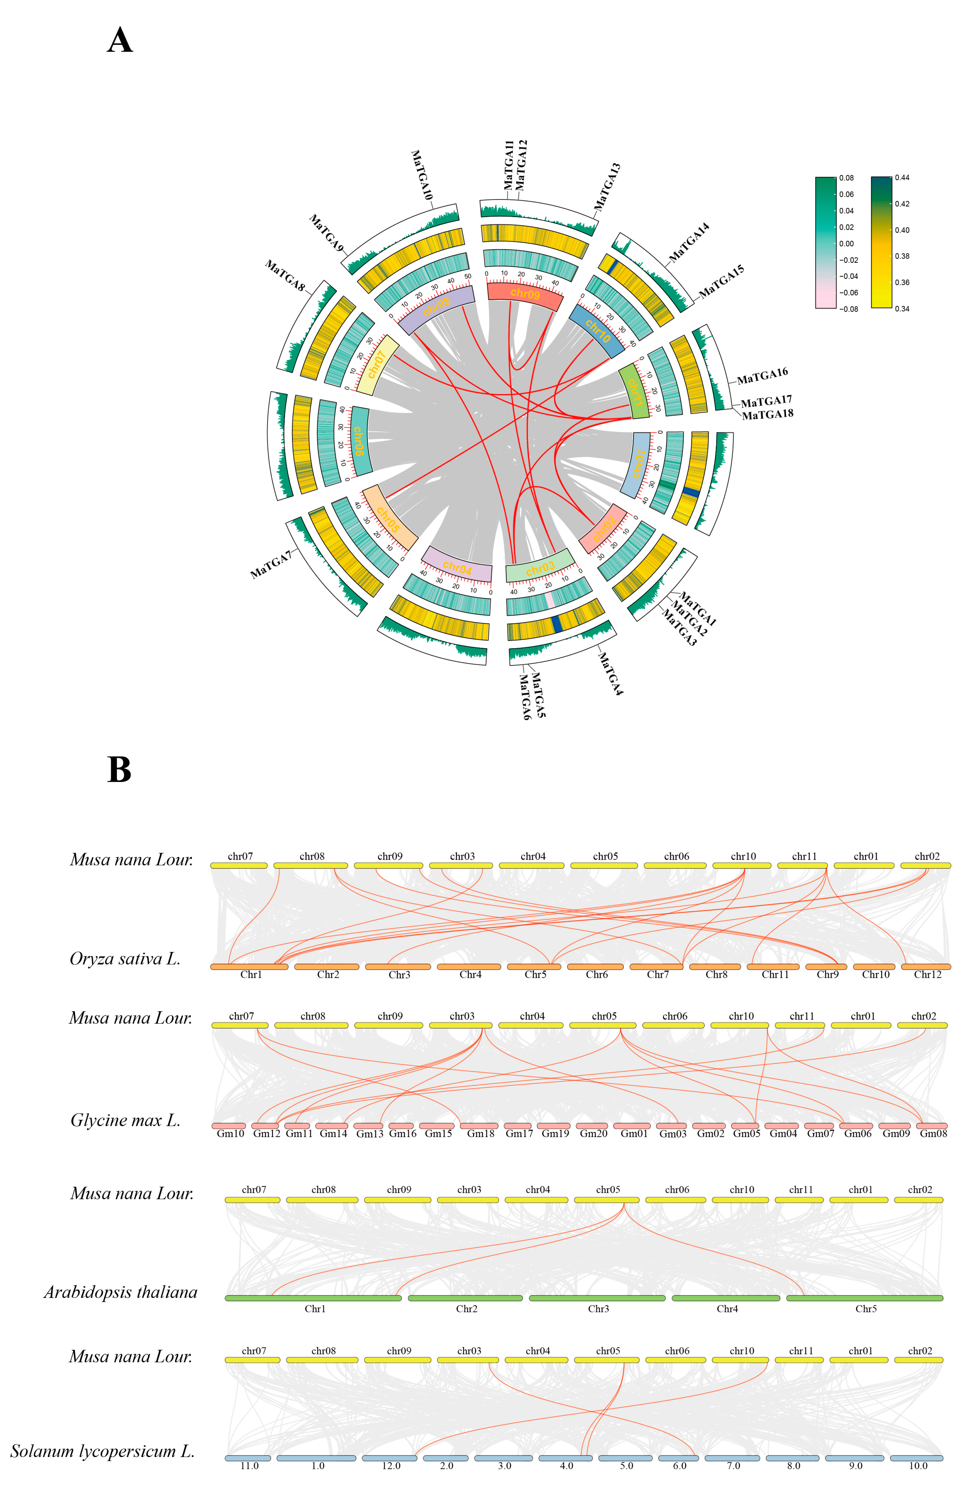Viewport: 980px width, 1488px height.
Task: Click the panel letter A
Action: (120, 41)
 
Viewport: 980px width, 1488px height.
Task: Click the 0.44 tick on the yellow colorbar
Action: (902, 177)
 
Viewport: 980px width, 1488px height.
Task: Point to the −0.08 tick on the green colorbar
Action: (848, 309)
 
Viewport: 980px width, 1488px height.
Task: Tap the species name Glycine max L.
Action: (125, 1120)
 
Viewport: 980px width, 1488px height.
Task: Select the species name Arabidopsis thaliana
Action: (121, 1292)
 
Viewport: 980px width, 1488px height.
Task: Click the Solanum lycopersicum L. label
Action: (103, 1450)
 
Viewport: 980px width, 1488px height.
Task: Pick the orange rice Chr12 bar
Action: (926, 966)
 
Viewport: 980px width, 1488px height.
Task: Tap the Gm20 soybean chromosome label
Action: (593, 1133)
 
